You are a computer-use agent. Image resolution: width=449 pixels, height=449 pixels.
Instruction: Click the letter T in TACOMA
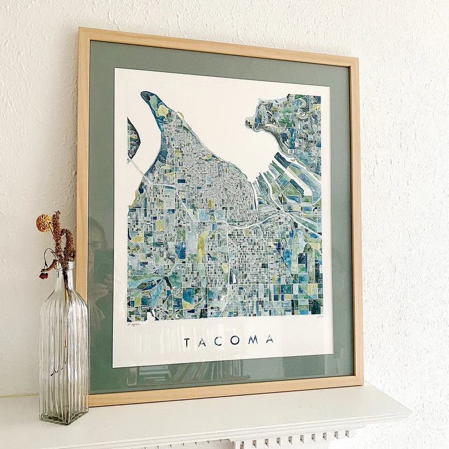coord(187,342)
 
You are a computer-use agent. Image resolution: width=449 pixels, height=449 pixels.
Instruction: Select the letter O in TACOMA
coord(234,341)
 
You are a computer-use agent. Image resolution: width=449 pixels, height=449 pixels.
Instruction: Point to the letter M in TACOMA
coord(252,340)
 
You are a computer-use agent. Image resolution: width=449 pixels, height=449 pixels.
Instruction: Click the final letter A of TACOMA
coord(270,339)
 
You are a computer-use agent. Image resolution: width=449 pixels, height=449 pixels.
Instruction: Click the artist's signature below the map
coord(134,323)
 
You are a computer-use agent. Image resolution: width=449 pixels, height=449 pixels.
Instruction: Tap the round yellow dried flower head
coord(44,223)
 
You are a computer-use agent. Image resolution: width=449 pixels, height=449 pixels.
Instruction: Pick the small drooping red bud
coord(42,275)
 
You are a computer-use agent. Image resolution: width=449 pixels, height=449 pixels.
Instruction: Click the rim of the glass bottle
coord(64,264)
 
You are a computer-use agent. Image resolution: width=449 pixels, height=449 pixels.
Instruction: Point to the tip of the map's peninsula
coord(147,96)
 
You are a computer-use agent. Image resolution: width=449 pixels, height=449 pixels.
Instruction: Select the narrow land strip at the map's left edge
coord(133,137)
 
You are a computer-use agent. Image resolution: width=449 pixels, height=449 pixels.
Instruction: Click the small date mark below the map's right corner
coord(320,316)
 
